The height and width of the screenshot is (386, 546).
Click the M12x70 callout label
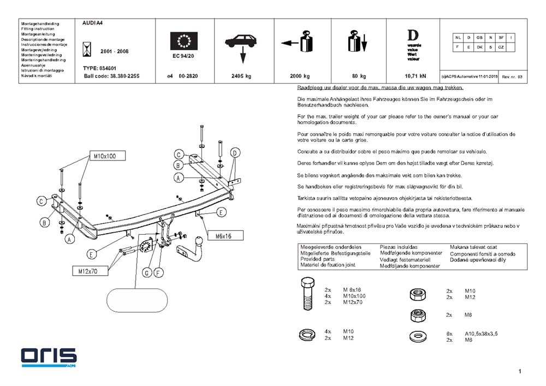[87, 271]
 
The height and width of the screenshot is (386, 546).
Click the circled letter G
[147, 272]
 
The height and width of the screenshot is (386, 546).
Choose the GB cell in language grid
[479, 37]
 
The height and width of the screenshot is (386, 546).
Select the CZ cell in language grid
[501, 47]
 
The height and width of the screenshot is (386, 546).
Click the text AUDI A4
[93, 24]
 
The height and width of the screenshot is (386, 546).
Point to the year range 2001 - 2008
[115, 51]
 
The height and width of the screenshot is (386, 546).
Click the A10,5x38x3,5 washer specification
[480, 333]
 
